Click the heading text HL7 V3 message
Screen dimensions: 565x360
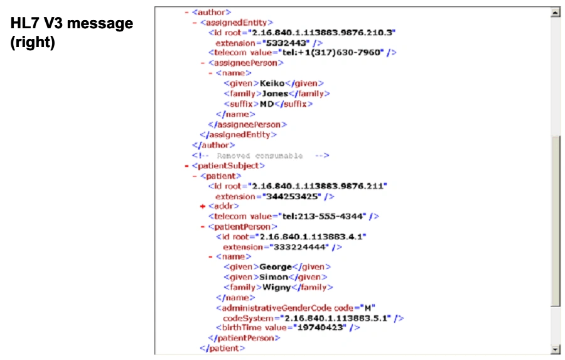click(72, 24)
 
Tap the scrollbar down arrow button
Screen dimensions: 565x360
click(555, 349)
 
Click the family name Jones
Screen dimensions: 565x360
click(275, 94)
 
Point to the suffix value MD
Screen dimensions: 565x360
click(267, 104)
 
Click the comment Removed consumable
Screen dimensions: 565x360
click(260, 155)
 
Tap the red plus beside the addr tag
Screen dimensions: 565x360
click(203, 206)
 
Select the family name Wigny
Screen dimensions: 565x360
click(276, 287)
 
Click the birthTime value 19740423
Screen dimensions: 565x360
click(323, 327)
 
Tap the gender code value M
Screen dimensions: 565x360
click(369, 308)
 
